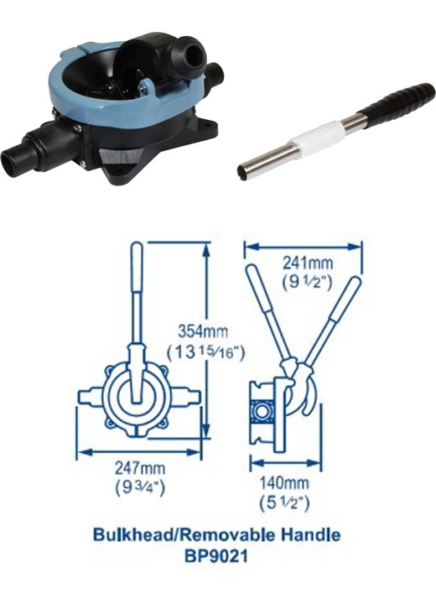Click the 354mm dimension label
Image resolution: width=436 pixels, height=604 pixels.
point(203,331)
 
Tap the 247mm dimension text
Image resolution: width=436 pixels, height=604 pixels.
point(140,468)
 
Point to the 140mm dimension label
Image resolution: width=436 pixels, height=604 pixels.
point(284,482)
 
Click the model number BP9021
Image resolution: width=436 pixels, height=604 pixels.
point(216,556)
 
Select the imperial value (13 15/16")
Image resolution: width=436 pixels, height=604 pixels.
point(205,352)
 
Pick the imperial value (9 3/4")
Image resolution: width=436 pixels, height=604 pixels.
point(140,488)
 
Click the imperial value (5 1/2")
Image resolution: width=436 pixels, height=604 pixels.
point(284,502)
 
